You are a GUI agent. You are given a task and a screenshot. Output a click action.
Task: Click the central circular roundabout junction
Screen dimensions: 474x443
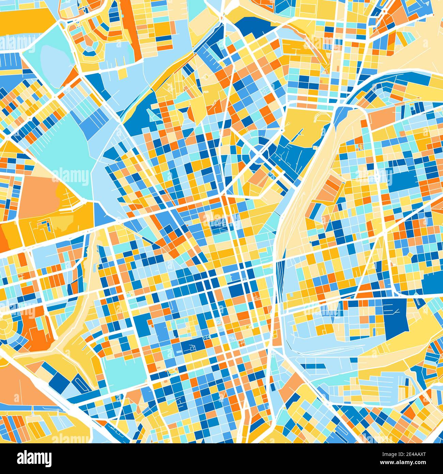[258, 157]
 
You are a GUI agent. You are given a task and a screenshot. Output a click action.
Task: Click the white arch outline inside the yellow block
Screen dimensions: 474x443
[317, 118]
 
